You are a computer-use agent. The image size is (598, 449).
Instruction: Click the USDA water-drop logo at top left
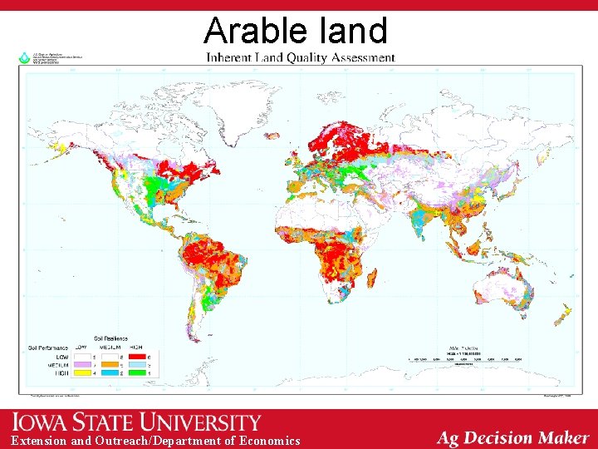click(x=25, y=59)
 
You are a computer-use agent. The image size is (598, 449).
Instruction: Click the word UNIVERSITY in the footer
click(x=208, y=422)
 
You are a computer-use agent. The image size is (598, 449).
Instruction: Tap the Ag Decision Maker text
click(x=512, y=437)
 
